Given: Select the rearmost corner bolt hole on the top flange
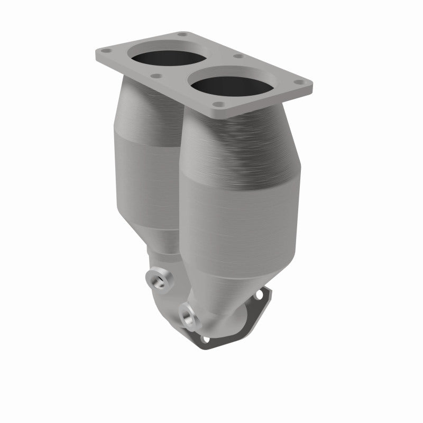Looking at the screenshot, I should click(x=182, y=34).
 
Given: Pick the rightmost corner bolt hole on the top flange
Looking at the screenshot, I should click(x=301, y=82).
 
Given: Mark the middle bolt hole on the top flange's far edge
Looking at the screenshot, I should click(x=238, y=56).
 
